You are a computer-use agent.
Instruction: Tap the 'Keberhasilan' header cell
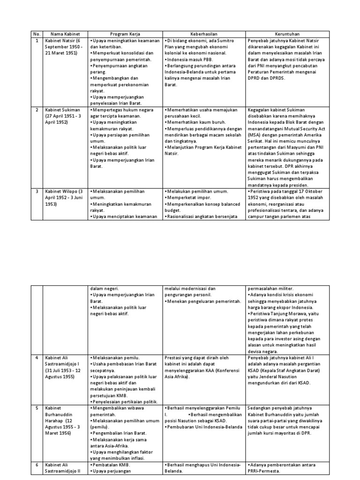click(x=204, y=34)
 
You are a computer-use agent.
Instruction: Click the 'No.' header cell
click(x=37, y=34)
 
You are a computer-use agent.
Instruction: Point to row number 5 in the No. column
click(x=37, y=408)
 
